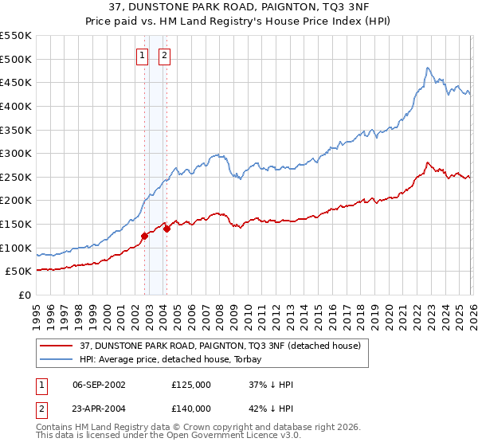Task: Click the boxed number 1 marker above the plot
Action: [x=142, y=56]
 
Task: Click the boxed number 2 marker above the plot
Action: [x=165, y=56]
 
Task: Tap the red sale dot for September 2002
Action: [x=144, y=236]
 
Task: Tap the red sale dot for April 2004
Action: [x=167, y=229]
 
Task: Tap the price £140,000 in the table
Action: [x=190, y=408]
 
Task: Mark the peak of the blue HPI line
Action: [x=428, y=68]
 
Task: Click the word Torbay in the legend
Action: [x=255, y=359]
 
